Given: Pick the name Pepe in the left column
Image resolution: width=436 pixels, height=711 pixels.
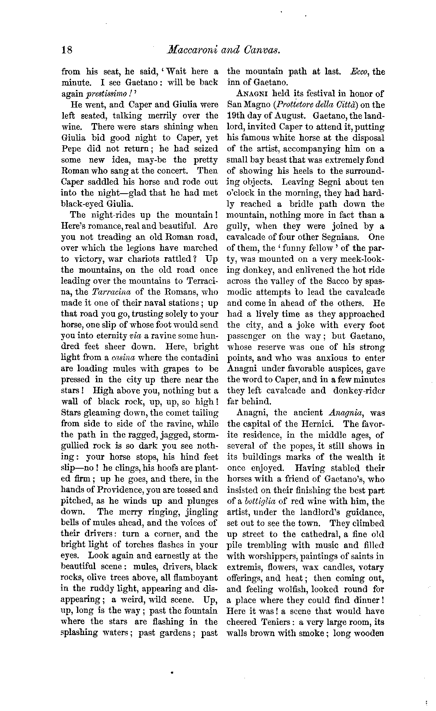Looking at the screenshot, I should [x=70, y=149].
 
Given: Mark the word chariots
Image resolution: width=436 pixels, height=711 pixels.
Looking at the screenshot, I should [x=149, y=259].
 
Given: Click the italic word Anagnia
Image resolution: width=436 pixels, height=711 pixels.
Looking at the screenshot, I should [x=345, y=413].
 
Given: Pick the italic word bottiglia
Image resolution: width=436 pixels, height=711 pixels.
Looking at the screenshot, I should [x=253, y=501].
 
